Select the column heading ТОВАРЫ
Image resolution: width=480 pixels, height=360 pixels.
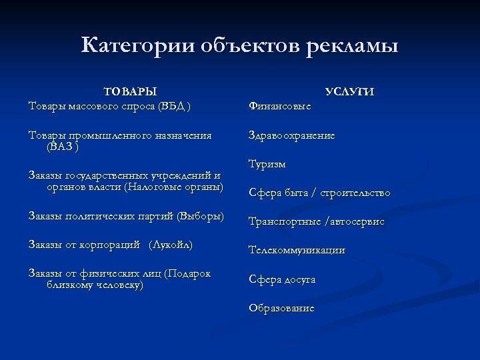click(131, 91)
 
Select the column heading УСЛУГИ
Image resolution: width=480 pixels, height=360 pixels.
click(350, 92)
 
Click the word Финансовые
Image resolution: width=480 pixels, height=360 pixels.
click(279, 105)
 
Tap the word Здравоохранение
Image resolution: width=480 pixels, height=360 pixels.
click(291, 135)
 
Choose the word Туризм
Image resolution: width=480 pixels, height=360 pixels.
click(267, 164)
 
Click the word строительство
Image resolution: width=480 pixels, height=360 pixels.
click(357, 193)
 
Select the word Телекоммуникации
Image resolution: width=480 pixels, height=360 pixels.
click(297, 251)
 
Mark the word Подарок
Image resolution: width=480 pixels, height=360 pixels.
click(190, 273)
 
